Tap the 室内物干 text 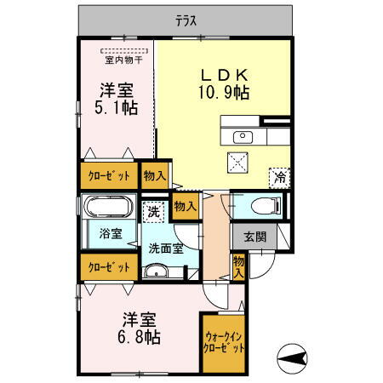click(x=124, y=60)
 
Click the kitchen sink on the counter click(x=242, y=136)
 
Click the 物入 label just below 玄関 click(x=240, y=267)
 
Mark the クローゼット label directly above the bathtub click(x=109, y=176)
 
